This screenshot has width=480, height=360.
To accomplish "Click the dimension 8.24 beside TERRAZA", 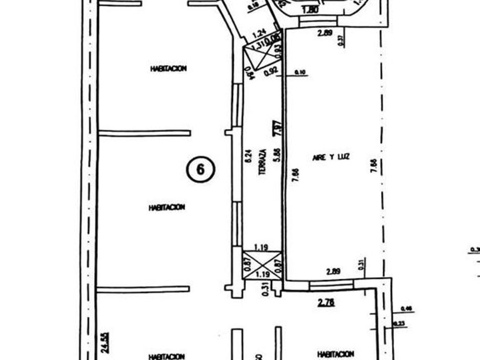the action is pos(247,157).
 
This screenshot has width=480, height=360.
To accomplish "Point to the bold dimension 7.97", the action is pos(277,127).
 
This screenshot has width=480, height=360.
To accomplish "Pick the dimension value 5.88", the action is pos(277,157).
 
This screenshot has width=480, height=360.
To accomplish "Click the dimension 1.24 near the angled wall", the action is pos(259,34).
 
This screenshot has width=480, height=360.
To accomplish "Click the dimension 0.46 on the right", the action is pos(407,309).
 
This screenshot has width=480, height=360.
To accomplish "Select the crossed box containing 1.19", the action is pos(262,266).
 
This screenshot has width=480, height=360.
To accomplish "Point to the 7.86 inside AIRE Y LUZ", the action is pos(295,175).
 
